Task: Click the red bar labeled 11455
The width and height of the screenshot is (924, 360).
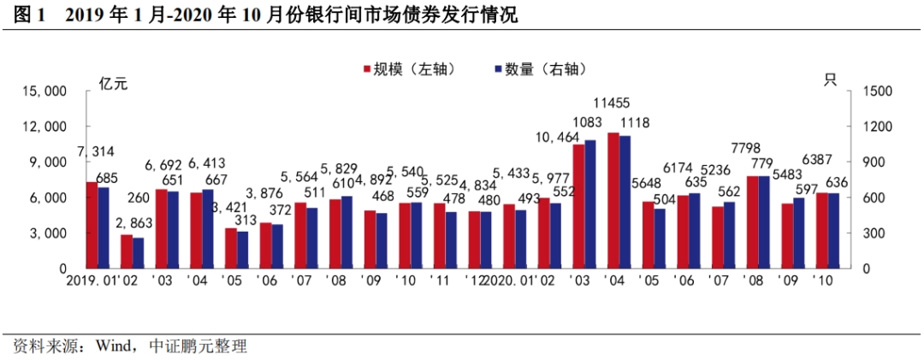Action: coord(613,200)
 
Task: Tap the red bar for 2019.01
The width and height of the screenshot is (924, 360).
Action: coord(92,225)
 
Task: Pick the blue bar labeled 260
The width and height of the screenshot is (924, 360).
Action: coord(139,252)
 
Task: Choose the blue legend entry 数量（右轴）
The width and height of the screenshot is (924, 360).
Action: coord(540,69)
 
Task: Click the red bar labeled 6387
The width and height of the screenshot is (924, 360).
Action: coord(821,230)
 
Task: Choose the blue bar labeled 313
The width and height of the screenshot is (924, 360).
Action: coord(243,250)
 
